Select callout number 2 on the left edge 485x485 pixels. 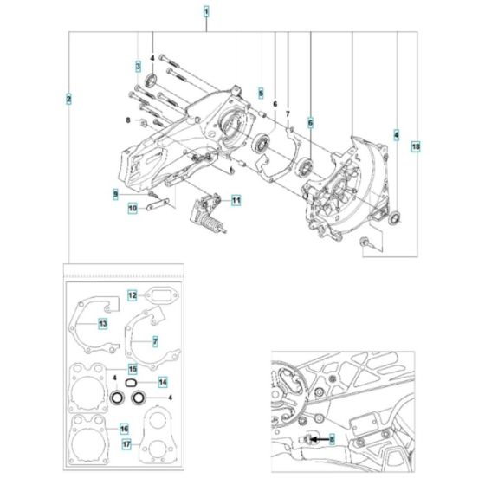[x=68, y=98]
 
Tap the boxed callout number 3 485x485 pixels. [x=137, y=67]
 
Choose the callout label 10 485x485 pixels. [x=133, y=208]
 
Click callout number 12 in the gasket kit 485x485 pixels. [x=133, y=295]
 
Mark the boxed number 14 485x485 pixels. [x=162, y=381]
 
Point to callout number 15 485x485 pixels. [x=133, y=369]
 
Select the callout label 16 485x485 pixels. [x=124, y=428]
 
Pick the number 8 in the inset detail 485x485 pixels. [x=330, y=439]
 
